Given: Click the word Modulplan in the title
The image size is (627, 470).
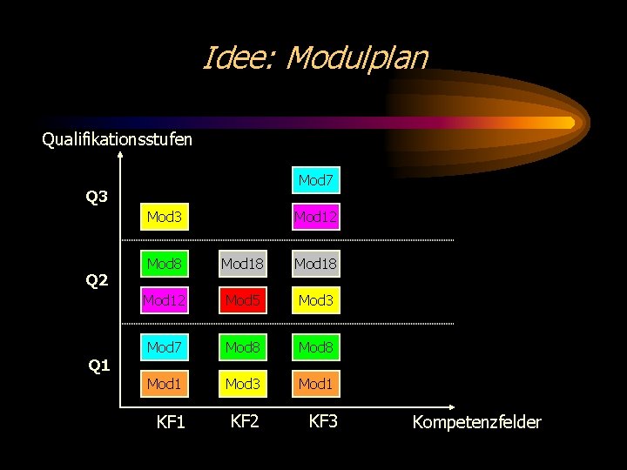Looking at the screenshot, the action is (x=356, y=58).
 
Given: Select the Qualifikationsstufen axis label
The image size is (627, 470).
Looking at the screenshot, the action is (x=118, y=139).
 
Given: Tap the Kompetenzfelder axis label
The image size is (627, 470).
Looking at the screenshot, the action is (x=476, y=423).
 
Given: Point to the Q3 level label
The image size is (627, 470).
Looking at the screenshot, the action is (x=97, y=197).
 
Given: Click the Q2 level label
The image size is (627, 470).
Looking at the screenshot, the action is (x=97, y=280).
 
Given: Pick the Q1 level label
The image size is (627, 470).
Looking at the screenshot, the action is (x=99, y=366).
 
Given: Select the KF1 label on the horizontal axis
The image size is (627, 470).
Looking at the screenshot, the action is (x=171, y=423).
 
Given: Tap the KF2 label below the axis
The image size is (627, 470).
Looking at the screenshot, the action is (x=245, y=422).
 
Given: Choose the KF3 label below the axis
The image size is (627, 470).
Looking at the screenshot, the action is (x=323, y=422).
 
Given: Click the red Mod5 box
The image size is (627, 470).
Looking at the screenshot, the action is (x=241, y=301).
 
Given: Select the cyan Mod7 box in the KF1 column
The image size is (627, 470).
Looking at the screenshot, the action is (x=164, y=348).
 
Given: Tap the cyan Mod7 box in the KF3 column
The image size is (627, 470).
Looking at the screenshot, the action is (x=315, y=181).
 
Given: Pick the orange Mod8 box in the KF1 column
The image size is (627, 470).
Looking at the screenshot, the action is (x=164, y=264).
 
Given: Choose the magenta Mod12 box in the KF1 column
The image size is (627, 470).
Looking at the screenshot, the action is (x=164, y=301).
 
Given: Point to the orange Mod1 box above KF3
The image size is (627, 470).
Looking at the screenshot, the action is (x=315, y=384).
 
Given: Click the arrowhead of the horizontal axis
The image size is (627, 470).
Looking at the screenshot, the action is (x=452, y=406).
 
